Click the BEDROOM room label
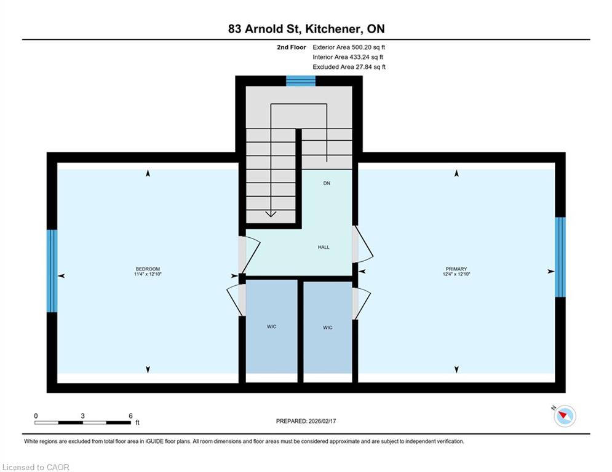[x=148, y=269]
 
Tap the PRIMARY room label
[x=456, y=269]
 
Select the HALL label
[x=324, y=247]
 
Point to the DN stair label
[x=327, y=183]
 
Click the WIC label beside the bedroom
[x=272, y=326]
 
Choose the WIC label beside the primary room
[x=328, y=328]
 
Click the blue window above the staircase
[x=301, y=81]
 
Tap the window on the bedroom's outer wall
[x=52, y=270]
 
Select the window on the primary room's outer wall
[x=560, y=257]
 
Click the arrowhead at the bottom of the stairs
[x=271, y=214]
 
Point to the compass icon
[x=565, y=416]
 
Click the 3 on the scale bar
[x=83, y=416]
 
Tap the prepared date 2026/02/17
[x=322, y=421]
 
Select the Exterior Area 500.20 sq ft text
[x=349, y=47]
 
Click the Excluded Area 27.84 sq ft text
[x=349, y=67]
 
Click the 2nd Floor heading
[x=292, y=47]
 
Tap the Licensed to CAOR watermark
[x=36, y=467]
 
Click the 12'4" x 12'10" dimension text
[x=456, y=274]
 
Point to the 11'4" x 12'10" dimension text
[x=148, y=274]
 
